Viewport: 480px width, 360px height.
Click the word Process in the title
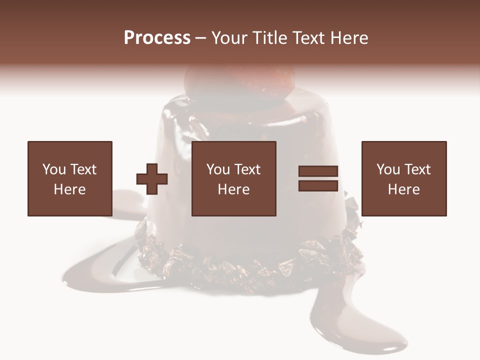pyautogui.click(x=157, y=38)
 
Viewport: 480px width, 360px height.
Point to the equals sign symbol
pyautogui.click(x=318, y=178)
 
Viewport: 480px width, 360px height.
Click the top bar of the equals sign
pyautogui.click(x=318, y=171)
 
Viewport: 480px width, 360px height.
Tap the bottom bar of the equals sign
pyautogui.click(x=318, y=185)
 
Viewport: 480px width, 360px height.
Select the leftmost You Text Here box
pyautogui.click(x=69, y=178)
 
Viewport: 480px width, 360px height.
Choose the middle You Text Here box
pyautogui.click(x=233, y=178)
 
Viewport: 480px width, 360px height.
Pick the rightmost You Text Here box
pyautogui.click(x=403, y=178)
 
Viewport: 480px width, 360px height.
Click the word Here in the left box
pyautogui.click(x=69, y=189)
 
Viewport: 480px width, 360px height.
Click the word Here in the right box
pyautogui.click(x=403, y=189)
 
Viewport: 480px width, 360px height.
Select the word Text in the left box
pyautogui.click(x=83, y=169)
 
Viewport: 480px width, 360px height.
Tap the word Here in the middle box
pyautogui.click(x=233, y=189)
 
